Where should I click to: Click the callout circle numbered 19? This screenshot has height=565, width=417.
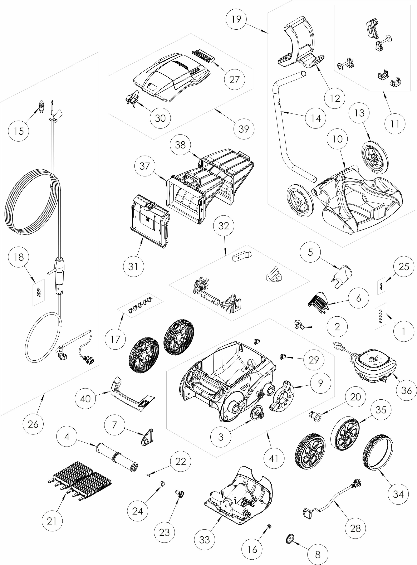point(236,19)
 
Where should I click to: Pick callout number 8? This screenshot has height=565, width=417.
point(318,554)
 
